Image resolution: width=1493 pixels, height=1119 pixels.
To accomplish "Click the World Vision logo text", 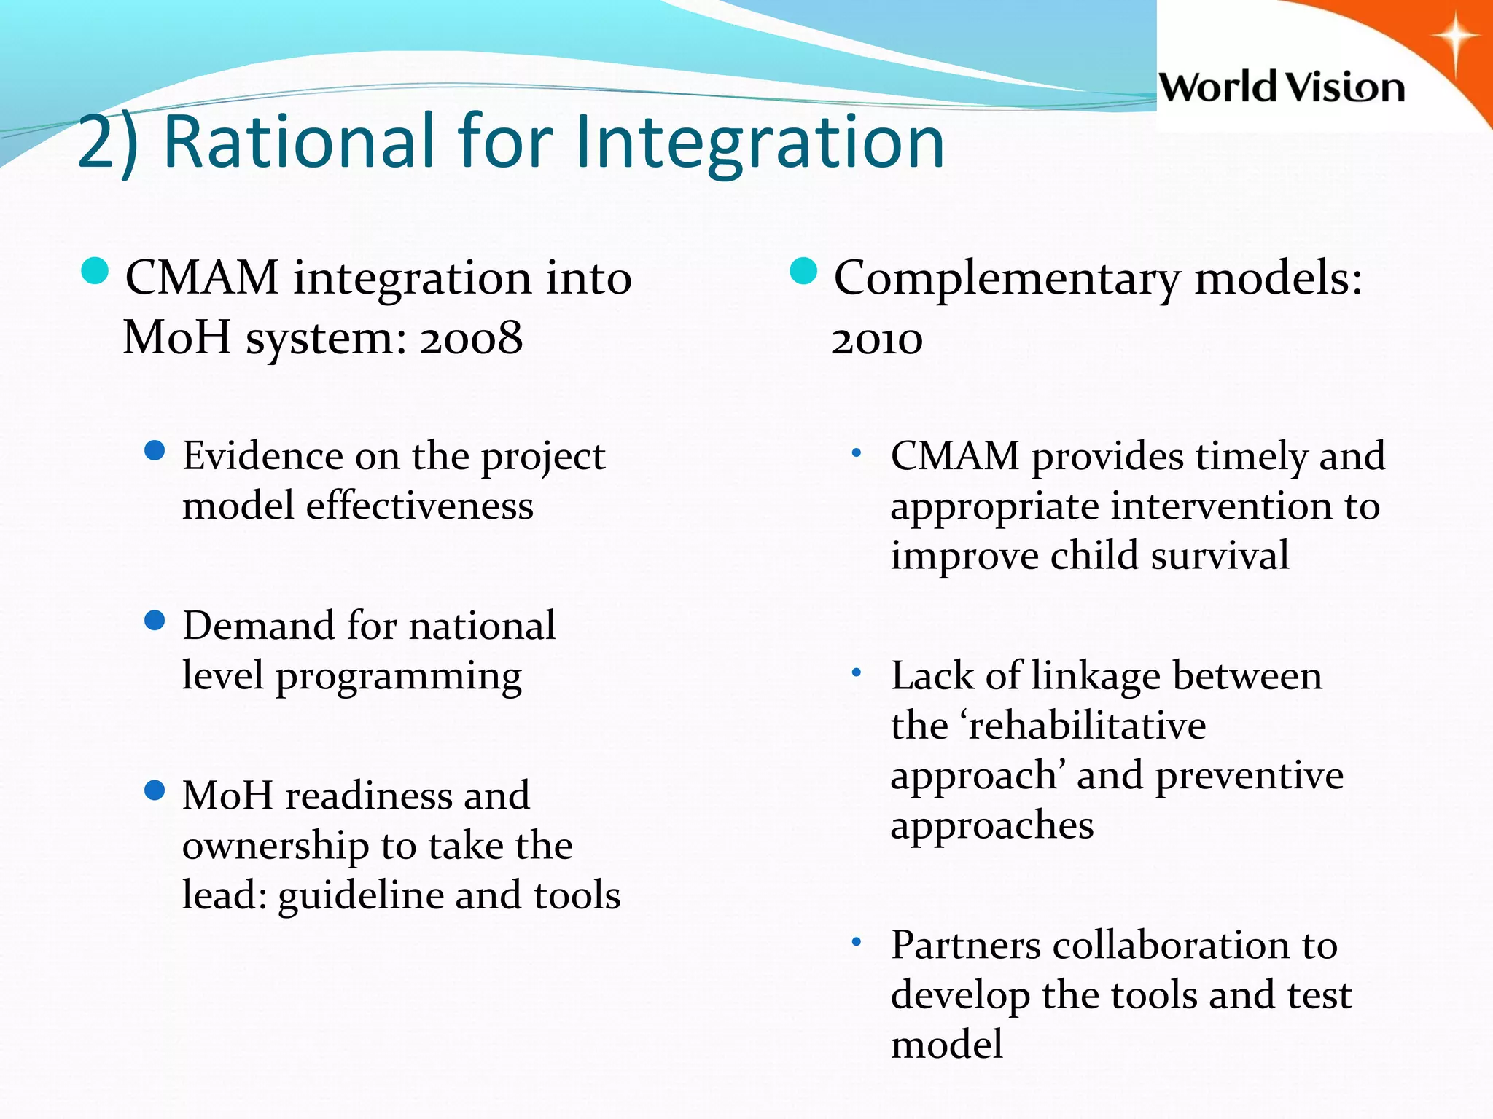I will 1282,87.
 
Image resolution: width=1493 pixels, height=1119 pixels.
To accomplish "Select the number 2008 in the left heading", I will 471,338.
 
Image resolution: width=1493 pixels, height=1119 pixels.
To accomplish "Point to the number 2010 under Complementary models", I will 877,339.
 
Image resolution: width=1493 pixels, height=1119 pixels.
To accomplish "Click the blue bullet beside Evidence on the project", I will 155,451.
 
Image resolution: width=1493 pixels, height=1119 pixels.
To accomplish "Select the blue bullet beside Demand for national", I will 155,621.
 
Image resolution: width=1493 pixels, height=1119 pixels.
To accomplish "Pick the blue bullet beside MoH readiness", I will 155,790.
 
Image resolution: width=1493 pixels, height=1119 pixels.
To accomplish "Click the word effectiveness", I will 419,506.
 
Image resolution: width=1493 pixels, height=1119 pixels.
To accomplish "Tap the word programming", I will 398,676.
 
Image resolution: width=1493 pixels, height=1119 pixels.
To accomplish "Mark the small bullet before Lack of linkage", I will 857,673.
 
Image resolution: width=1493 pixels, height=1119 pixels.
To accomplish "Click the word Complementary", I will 1007,279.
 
